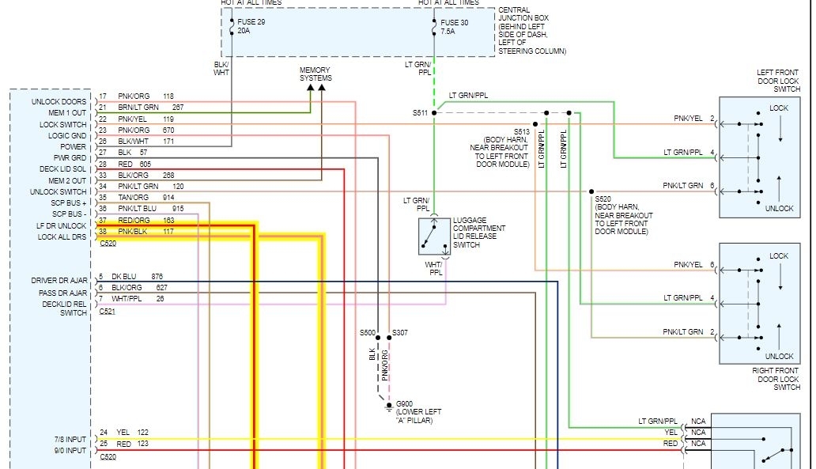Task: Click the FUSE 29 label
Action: point(251,22)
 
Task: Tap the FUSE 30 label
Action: point(454,22)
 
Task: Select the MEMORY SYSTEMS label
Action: point(315,74)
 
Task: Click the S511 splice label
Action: point(420,113)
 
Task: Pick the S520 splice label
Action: point(603,199)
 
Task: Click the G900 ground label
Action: point(404,403)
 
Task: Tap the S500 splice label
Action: point(368,333)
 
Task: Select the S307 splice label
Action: point(399,333)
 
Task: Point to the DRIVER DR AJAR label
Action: point(59,281)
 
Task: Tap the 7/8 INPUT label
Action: point(70,439)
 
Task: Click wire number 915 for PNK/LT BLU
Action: point(178,209)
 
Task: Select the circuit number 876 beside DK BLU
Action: point(157,277)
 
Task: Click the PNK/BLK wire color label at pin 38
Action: point(134,232)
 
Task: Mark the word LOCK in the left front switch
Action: point(779,108)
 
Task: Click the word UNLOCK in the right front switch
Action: point(779,357)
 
